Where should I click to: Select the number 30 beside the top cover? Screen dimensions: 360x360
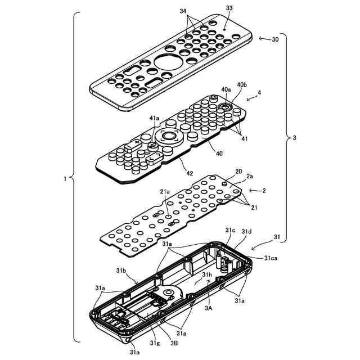coord(274,39)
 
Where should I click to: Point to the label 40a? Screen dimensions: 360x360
coord(225,89)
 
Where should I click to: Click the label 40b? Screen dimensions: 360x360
coord(242,85)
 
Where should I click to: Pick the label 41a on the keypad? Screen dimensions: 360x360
coord(154,118)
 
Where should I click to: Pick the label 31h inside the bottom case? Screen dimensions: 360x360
coord(207,275)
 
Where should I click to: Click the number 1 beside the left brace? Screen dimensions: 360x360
coord(65,179)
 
